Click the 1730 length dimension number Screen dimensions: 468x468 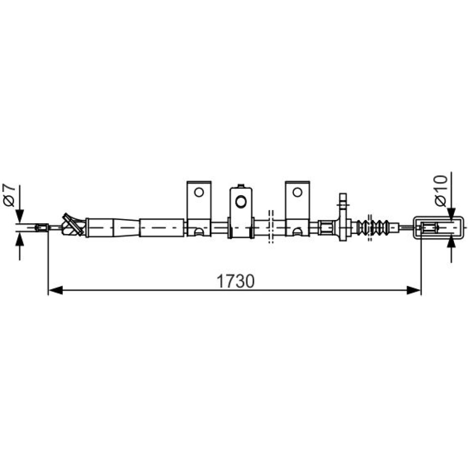(x=235, y=281)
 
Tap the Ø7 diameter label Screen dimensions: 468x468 (x=9, y=195)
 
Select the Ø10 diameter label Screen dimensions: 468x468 (x=442, y=191)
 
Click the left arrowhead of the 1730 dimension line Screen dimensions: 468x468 (x=56, y=290)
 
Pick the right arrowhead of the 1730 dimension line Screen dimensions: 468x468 (x=414, y=290)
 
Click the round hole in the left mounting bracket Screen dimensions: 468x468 (x=199, y=192)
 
